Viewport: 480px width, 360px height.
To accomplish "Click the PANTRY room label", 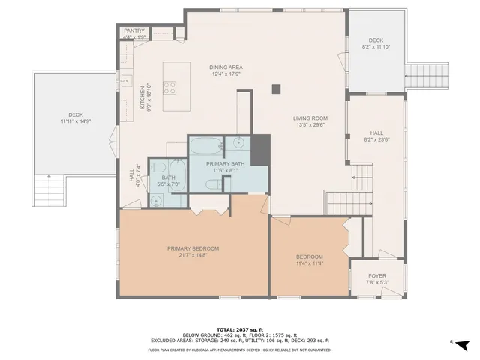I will [134, 31].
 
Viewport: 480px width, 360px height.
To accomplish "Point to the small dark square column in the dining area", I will [276, 89].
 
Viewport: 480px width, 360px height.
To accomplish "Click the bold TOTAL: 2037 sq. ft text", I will [240, 329].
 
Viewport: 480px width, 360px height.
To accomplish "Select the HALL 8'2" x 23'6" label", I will [376, 135].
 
